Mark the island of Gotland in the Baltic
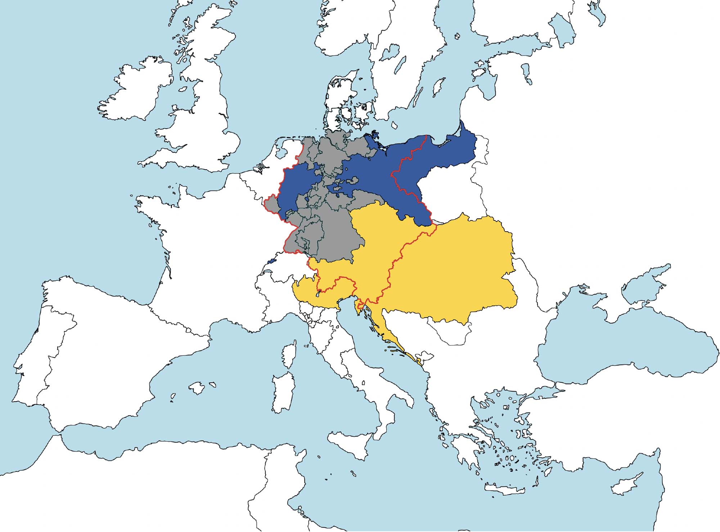[438, 87]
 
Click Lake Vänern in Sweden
[391, 53]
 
